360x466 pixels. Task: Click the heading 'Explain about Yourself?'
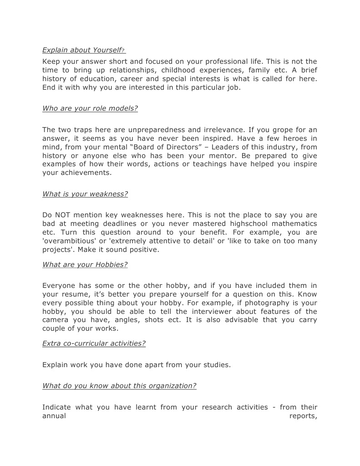coord(84,50)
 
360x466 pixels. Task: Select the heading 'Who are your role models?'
coord(90,108)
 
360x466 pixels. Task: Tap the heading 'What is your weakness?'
coord(85,194)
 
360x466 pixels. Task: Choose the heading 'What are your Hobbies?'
coord(85,265)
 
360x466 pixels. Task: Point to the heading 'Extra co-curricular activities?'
coord(94,343)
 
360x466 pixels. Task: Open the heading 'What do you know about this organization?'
coord(119,386)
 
